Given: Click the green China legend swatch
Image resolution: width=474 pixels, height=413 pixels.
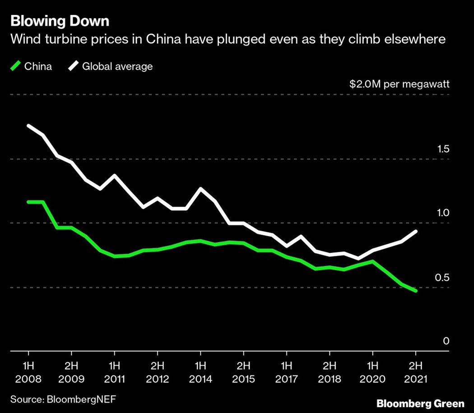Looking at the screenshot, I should pos(15,67).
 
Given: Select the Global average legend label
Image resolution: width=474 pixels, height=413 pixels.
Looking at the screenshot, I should pos(117,67).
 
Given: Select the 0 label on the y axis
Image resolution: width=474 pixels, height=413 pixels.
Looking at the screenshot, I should pos(446,341).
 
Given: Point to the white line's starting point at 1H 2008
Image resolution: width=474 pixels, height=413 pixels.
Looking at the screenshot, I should pos(28,125).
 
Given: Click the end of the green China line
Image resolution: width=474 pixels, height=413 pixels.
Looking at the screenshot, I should pos(416,291).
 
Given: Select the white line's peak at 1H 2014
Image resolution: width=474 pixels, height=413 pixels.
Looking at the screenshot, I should pos(200,189).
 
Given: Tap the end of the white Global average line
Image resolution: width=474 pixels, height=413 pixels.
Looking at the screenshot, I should pos(416,231).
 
